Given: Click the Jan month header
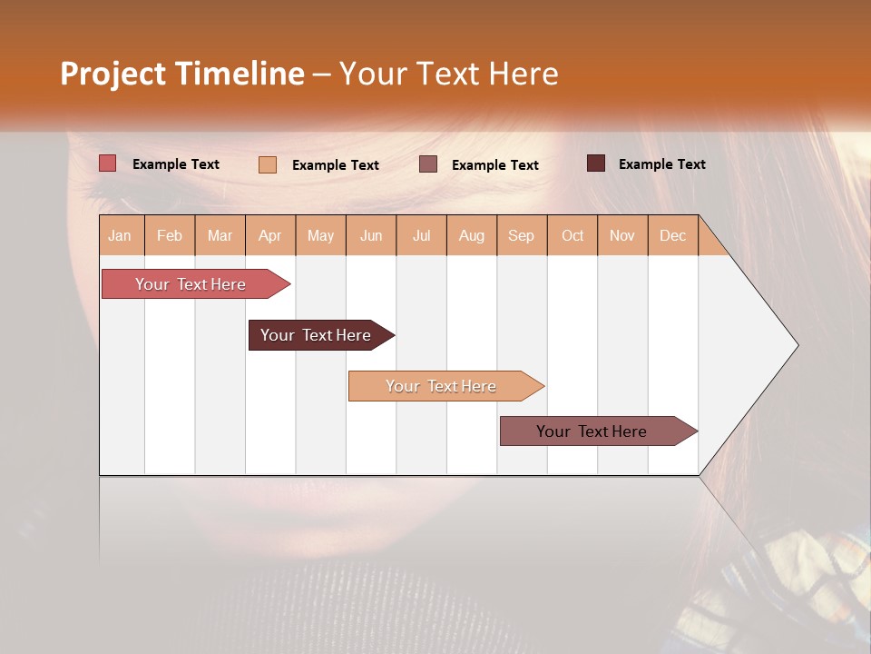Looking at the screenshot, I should (x=121, y=235).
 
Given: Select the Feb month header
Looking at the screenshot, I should (x=170, y=235).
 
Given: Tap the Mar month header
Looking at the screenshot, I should (x=220, y=235).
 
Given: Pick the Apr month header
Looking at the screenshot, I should (x=270, y=235).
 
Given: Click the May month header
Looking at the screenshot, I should (x=320, y=235).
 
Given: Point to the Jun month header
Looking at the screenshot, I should (x=371, y=235).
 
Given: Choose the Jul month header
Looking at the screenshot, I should (x=421, y=235).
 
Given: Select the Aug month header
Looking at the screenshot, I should (x=472, y=235).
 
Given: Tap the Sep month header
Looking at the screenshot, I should (x=522, y=235).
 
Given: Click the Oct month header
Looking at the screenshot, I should (x=573, y=235).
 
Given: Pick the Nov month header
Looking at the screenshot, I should (x=622, y=235).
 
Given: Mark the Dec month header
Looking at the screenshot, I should (x=673, y=235).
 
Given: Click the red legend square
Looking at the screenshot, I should (x=108, y=163).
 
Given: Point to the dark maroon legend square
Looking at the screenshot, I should (x=596, y=163).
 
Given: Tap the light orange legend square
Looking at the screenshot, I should (x=268, y=164).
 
